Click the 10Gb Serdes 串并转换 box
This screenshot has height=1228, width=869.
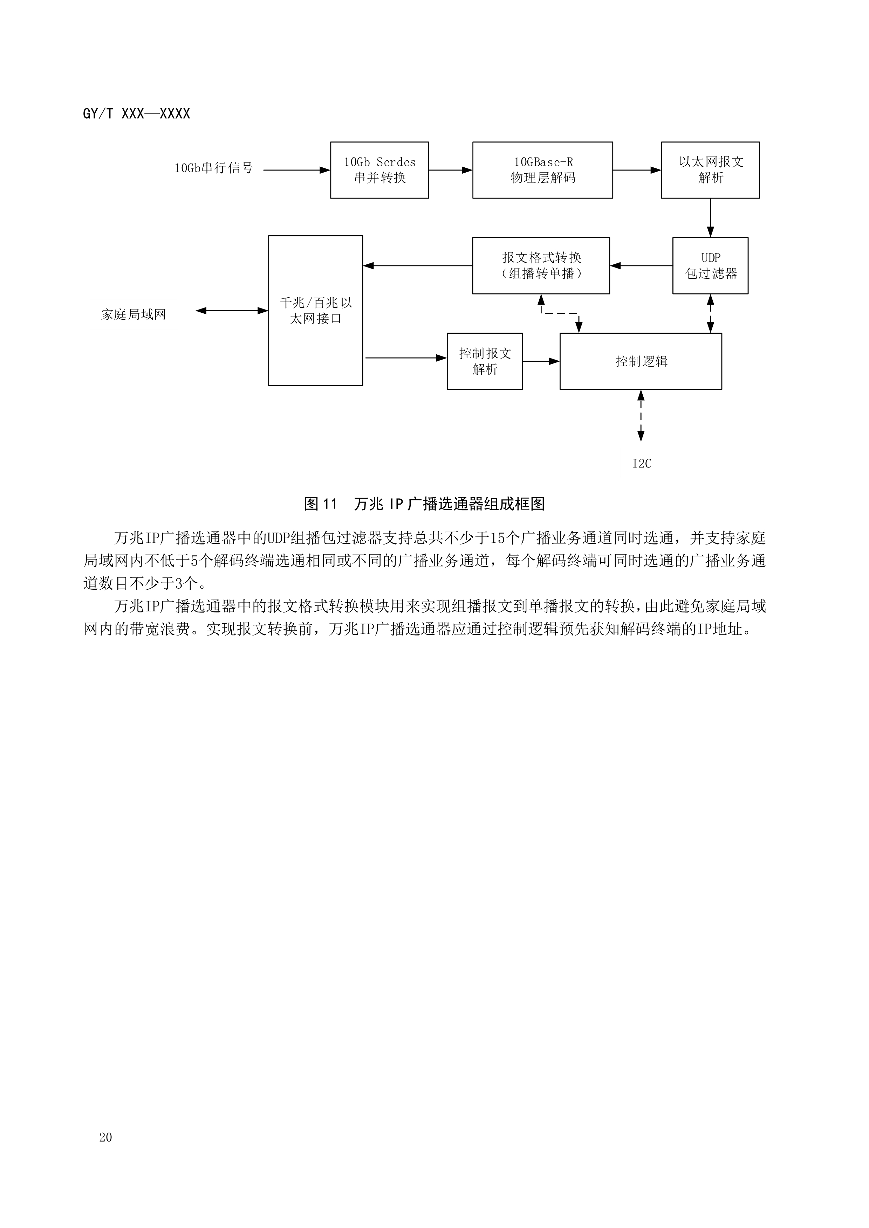(379, 170)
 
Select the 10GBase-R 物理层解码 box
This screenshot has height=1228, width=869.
(542, 170)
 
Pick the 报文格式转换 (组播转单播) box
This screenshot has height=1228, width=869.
(541, 266)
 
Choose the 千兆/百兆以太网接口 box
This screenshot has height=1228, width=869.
(316, 311)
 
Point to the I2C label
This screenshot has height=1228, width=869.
(642, 464)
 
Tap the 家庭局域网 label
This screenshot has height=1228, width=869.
(134, 314)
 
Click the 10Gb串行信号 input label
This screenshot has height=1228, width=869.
(213, 168)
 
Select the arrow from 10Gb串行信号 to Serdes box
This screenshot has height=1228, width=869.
(297, 170)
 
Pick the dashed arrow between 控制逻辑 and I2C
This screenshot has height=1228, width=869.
(641, 416)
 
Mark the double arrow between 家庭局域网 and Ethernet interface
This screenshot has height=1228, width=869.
(232, 311)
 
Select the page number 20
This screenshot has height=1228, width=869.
(105, 1137)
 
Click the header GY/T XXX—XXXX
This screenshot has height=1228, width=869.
(136, 114)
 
